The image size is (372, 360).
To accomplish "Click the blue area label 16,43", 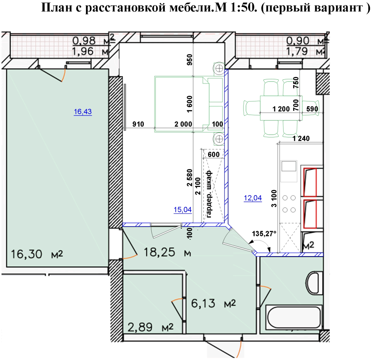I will (83, 111).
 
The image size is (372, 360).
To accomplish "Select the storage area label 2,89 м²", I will (150, 328).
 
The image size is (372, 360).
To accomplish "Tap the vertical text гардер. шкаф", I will (209, 193).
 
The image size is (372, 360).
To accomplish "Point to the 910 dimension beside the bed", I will (138, 124).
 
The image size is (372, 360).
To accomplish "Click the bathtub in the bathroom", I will (294, 316).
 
